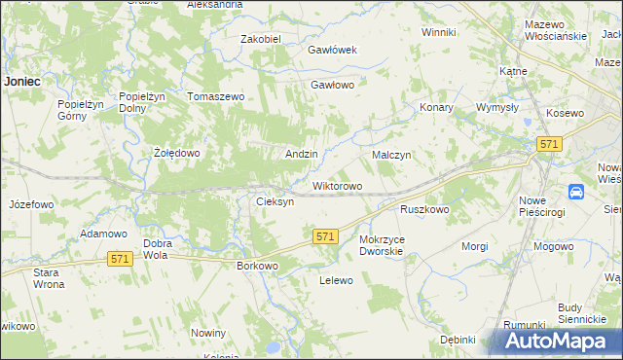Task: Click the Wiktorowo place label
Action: click(x=337, y=186)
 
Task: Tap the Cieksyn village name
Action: click(x=274, y=201)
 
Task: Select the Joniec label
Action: click(x=21, y=82)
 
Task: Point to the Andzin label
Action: click(x=301, y=155)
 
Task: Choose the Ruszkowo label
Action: click(x=424, y=209)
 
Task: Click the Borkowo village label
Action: click(x=258, y=265)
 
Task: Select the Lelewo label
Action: click(x=335, y=280)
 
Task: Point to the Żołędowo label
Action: click(x=177, y=154)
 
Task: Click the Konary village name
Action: click(x=436, y=108)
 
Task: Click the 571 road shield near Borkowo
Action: click(x=325, y=236)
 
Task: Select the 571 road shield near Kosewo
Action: click(x=548, y=144)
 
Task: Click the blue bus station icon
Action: click(x=576, y=192)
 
